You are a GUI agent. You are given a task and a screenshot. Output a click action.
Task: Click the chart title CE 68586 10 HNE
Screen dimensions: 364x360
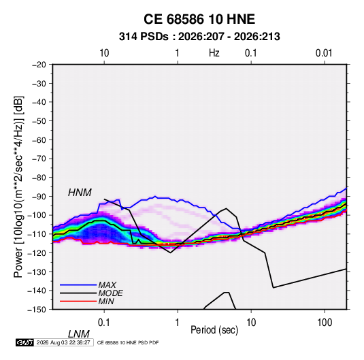coord(199,19)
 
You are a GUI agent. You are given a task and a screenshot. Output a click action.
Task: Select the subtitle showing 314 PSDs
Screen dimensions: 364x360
coord(199,37)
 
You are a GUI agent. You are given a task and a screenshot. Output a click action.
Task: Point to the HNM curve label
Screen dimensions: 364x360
coord(80,193)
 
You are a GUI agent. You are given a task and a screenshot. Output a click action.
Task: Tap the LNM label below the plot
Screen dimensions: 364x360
coord(78,334)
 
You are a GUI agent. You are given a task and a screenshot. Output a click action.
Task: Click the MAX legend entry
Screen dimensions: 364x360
coord(107,284)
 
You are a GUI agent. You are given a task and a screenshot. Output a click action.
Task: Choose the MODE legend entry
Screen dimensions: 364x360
coord(110,293)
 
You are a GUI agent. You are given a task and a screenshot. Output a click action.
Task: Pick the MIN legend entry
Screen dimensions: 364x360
coord(106,301)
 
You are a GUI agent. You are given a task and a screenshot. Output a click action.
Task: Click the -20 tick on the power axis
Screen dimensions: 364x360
coord(39,65)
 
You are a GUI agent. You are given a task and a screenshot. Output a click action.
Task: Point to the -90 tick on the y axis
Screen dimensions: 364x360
coord(39,196)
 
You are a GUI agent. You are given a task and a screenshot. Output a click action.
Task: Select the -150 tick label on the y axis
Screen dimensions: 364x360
coord(37,310)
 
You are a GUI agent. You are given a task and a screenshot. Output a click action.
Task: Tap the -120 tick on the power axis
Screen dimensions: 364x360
coord(37,252)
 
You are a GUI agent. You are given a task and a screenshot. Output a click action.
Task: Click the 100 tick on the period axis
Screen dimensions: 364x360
coord(325,323)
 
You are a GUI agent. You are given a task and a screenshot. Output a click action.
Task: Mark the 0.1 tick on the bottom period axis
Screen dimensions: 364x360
coord(104,323)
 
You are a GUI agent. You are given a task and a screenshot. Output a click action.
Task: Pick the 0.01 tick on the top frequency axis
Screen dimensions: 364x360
coord(324,53)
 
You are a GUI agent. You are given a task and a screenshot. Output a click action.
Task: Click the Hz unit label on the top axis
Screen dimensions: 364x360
coord(214,53)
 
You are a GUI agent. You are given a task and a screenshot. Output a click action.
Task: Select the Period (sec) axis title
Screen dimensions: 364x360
coord(214,330)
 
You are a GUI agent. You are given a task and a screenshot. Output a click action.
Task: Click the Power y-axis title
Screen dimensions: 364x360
coord(18,187)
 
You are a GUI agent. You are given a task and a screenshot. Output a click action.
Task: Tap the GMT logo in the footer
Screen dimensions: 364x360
coord(24,342)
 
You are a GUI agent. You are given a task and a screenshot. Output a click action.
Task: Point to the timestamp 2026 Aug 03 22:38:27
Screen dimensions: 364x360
coord(63,342)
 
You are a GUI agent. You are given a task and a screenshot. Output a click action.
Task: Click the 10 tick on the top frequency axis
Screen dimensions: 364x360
coord(104,53)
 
